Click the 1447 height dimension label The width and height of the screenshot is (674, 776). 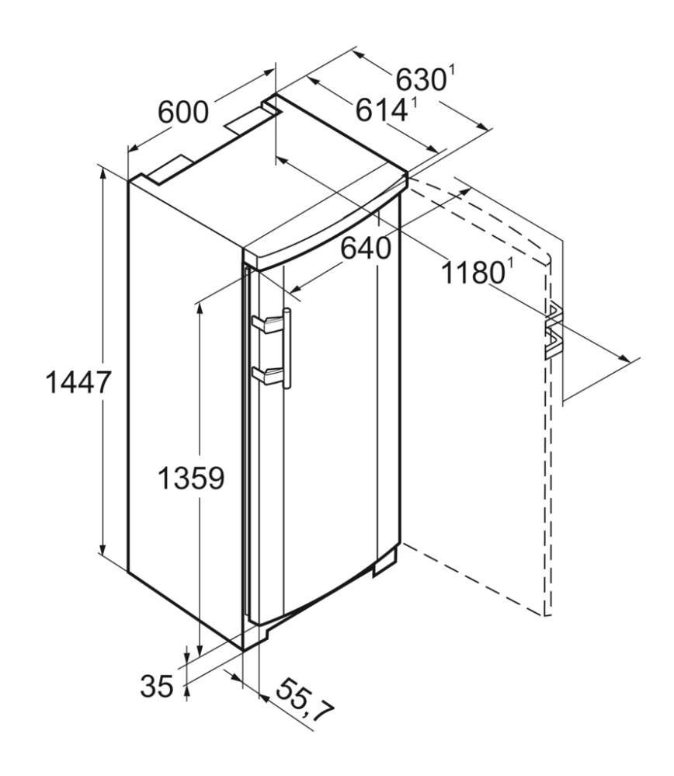pos(78,382)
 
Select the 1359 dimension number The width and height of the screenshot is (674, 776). pos(191,478)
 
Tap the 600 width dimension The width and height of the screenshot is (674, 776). pos(183,113)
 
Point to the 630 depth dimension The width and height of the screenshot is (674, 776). pos(421,80)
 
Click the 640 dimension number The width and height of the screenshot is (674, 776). pos(367,249)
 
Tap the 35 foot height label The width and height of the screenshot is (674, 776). pos(157,686)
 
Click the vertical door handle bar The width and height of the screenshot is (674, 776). pos(287,349)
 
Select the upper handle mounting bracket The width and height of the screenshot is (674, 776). pos(267,325)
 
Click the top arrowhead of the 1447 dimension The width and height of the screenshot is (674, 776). pos(103,175)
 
